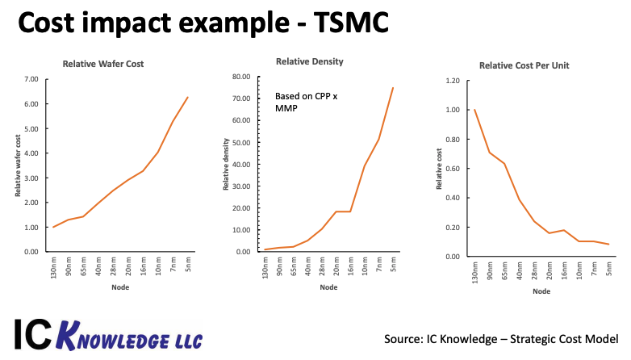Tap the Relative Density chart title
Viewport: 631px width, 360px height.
(309, 61)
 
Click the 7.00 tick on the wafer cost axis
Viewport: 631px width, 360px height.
(31, 79)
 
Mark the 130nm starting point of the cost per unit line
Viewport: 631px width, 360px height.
(474, 110)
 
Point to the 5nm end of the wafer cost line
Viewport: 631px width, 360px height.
(188, 97)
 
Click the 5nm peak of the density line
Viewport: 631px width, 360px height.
(393, 87)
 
